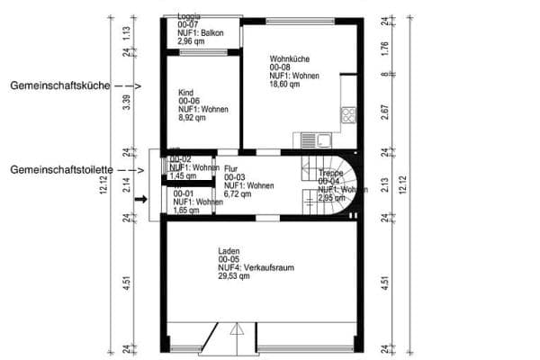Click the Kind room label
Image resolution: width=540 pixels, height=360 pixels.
[186, 93]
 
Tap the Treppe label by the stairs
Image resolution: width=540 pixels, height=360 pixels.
[330, 173]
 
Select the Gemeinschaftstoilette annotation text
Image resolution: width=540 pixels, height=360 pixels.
[61, 169]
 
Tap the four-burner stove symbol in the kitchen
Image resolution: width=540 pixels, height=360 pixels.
[347, 114]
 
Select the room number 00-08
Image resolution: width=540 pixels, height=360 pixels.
[282, 67]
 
